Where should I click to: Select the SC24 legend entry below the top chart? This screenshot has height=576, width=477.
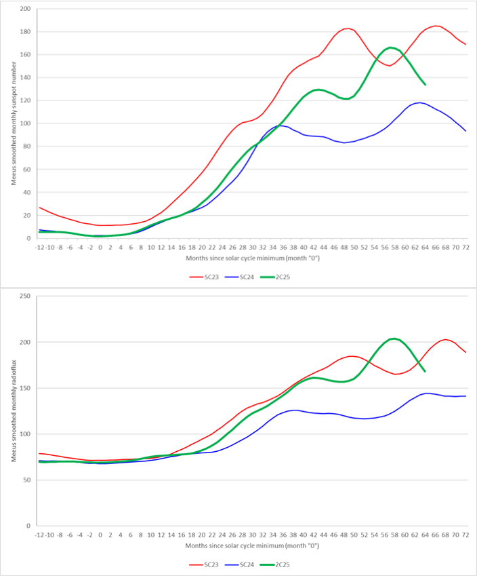248,277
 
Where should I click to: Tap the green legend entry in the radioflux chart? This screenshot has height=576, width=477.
285,564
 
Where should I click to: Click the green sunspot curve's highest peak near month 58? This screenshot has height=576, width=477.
391,47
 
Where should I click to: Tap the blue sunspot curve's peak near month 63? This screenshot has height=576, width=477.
420,102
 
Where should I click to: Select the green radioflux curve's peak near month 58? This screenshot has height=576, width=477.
394,338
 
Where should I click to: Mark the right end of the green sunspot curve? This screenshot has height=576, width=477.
425,84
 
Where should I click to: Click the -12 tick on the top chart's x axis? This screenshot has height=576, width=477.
39,247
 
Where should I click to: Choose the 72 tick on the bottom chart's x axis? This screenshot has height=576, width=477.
466,535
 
